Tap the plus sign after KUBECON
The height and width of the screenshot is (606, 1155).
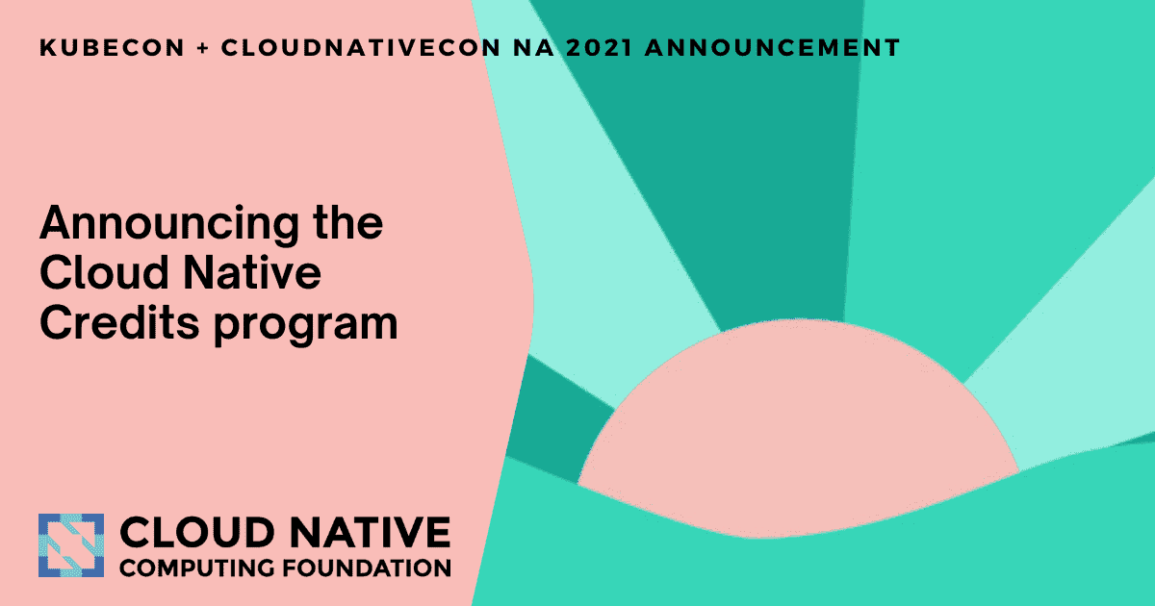tap(203, 48)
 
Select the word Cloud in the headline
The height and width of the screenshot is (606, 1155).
tap(99, 275)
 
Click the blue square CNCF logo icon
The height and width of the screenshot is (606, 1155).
tap(70, 545)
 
